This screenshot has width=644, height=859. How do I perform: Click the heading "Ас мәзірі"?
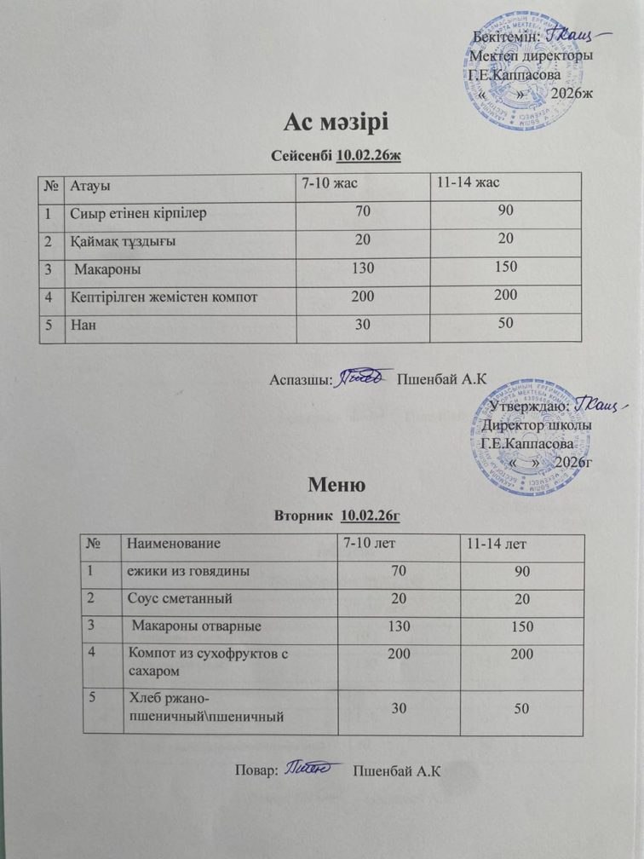(x=335, y=123)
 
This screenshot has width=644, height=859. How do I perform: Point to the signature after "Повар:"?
(x=308, y=769)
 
